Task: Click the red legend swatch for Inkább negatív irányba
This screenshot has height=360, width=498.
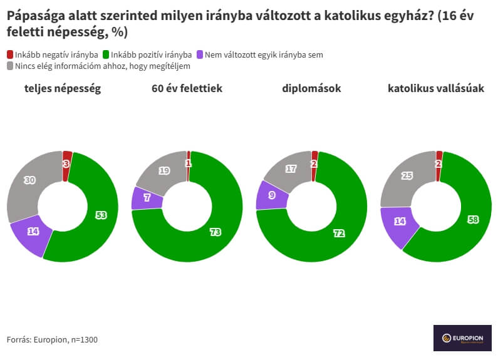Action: (x=10, y=55)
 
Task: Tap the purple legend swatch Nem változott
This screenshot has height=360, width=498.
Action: (x=200, y=55)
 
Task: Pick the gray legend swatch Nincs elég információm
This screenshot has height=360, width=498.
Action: (x=10, y=66)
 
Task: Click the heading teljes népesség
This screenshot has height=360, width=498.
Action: (x=62, y=89)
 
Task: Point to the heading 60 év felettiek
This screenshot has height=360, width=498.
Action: (x=187, y=89)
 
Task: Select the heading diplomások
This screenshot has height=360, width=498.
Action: (x=311, y=89)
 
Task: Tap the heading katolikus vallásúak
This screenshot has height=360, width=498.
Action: (x=436, y=89)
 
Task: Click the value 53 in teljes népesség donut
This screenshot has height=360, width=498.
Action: (x=101, y=215)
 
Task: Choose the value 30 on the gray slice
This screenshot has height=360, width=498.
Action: (x=29, y=180)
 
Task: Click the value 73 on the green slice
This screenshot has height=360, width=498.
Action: (x=215, y=232)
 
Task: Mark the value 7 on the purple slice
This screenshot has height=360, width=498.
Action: (x=147, y=198)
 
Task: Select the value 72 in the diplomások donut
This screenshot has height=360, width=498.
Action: (x=339, y=233)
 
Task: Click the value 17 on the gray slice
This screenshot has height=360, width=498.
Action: (x=291, y=169)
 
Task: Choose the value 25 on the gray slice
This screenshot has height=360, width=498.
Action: (x=407, y=176)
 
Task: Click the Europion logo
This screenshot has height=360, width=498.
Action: (x=462, y=338)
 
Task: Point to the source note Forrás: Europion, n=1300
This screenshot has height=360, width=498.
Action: (x=52, y=340)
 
